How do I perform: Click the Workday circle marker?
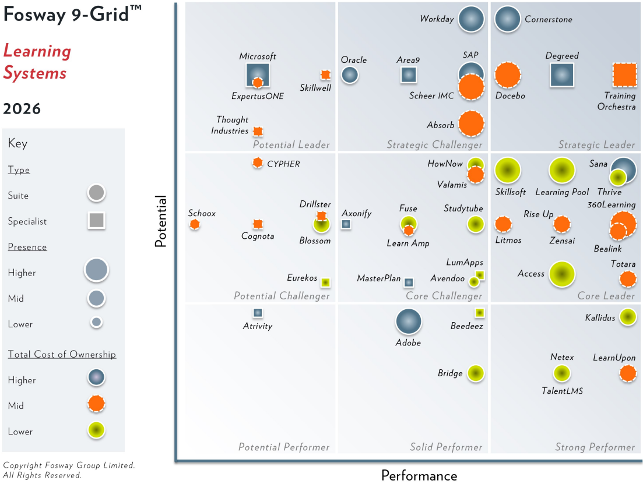[x=471, y=19]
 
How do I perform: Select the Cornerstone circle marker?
[x=507, y=19]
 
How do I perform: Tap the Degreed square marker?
[x=562, y=75]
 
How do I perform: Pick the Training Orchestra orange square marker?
[x=624, y=75]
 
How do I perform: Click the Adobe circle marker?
[x=408, y=322]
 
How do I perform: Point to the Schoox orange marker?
[x=195, y=224]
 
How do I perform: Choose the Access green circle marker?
[x=561, y=274]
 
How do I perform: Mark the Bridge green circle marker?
[x=476, y=373]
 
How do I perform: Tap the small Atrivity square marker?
[x=257, y=313]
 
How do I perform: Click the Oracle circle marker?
[x=349, y=75]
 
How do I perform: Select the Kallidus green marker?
[x=627, y=317]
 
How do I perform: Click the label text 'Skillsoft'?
[x=510, y=192]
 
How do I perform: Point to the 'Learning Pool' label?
[x=562, y=192]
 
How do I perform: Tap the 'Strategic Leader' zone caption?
[x=596, y=145]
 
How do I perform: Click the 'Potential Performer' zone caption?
[x=284, y=447]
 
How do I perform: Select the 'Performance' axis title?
[x=419, y=475]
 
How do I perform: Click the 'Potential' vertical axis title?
[x=161, y=221]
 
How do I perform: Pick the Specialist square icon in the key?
[x=97, y=221]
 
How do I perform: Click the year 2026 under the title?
[x=22, y=109]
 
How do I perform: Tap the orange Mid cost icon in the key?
[x=96, y=404]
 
